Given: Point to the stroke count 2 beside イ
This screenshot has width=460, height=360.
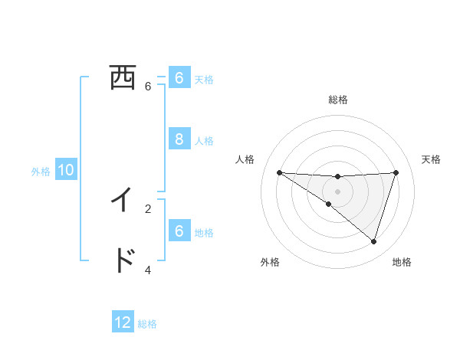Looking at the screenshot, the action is (148, 208).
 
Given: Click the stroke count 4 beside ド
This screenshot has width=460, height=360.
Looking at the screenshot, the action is (148, 270).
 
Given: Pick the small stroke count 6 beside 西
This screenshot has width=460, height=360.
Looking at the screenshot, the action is (148, 87).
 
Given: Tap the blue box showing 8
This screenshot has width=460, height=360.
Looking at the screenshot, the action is (179, 139).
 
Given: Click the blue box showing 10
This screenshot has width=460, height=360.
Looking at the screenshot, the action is (66, 170).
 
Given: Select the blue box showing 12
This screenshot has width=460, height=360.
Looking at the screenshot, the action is (123, 322).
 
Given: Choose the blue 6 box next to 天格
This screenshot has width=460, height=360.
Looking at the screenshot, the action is (179, 78).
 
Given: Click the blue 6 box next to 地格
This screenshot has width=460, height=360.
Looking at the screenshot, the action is (179, 231).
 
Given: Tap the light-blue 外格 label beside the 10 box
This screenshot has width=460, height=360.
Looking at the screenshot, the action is (41, 172).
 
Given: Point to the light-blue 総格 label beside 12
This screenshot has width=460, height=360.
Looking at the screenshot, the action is (147, 324).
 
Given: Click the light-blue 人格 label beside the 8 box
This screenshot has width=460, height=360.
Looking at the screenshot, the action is (204, 141).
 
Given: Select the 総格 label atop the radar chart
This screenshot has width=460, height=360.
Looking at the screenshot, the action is (338, 100).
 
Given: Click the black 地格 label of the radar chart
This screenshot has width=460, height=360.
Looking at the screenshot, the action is (402, 262).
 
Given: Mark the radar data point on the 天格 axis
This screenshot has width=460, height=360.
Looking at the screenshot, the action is (396, 172).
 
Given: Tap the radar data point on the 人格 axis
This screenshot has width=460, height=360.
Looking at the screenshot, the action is (279, 172).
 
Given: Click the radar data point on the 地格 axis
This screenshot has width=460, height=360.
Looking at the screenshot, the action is (374, 241).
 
